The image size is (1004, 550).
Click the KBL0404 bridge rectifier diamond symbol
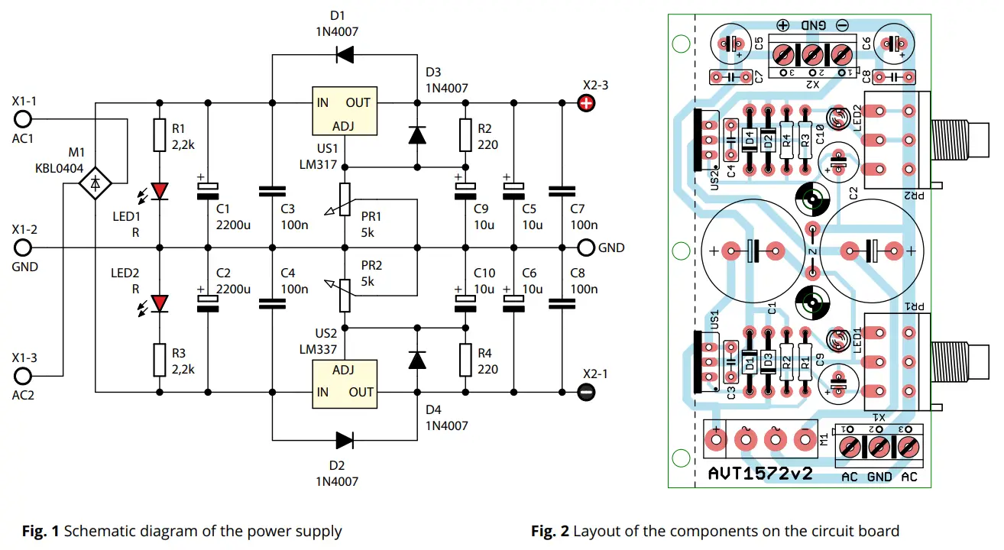(96, 183)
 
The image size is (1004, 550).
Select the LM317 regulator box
(345, 112)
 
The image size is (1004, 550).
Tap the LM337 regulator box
(345, 380)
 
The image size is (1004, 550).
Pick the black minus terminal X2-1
(586, 393)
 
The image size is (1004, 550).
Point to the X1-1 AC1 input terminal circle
(23, 119)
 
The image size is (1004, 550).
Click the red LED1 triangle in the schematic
(160, 191)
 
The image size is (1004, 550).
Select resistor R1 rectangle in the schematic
(160, 134)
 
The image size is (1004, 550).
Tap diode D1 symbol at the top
(345, 55)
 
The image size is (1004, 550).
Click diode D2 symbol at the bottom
(345, 439)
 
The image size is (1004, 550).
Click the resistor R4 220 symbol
(465, 360)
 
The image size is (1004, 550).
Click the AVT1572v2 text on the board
(759, 474)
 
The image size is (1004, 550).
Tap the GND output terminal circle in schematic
(586, 247)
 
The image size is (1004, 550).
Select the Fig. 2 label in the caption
(550, 531)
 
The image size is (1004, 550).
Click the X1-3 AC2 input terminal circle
(23, 376)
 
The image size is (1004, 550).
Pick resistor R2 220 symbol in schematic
(465, 135)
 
